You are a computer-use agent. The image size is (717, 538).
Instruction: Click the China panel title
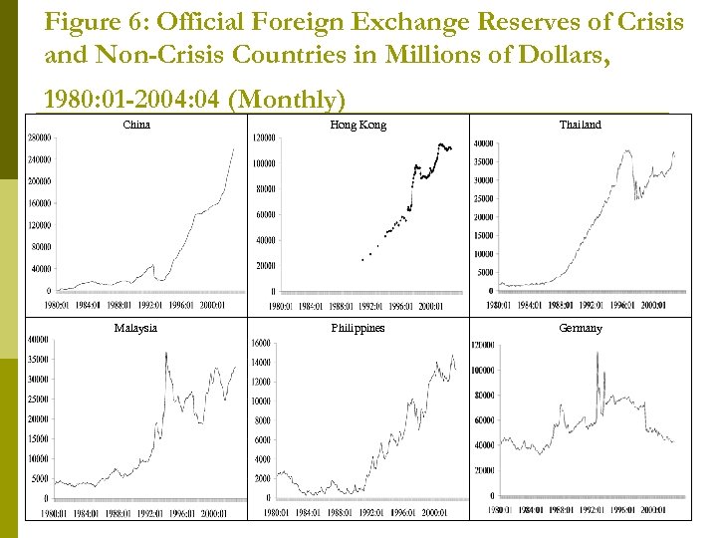click(x=136, y=125)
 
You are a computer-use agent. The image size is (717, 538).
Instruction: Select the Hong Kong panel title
click(x=358, y=125)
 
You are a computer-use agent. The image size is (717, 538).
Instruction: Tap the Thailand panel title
click(x=580, y=125)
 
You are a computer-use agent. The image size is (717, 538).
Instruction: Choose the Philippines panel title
click(x=358, y=328)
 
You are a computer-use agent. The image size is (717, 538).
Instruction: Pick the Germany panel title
click(x=580, y=328)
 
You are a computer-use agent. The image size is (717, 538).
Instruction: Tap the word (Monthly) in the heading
click(x=297, y=100)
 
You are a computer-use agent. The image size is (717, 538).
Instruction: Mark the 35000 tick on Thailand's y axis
click(x=482, y=161)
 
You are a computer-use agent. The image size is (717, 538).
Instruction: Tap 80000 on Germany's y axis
click(x=483, y=396)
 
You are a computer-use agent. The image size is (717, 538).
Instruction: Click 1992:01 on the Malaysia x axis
click(x=151, y=513)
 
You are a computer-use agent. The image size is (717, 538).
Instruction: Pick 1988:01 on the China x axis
click(x=120, y=305)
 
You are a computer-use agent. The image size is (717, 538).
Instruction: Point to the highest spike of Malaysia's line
click(x=165, y=353)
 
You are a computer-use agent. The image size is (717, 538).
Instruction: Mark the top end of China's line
click(x=234, y=148)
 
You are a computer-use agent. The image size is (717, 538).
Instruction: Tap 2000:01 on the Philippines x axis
click(x=434, y=513)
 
